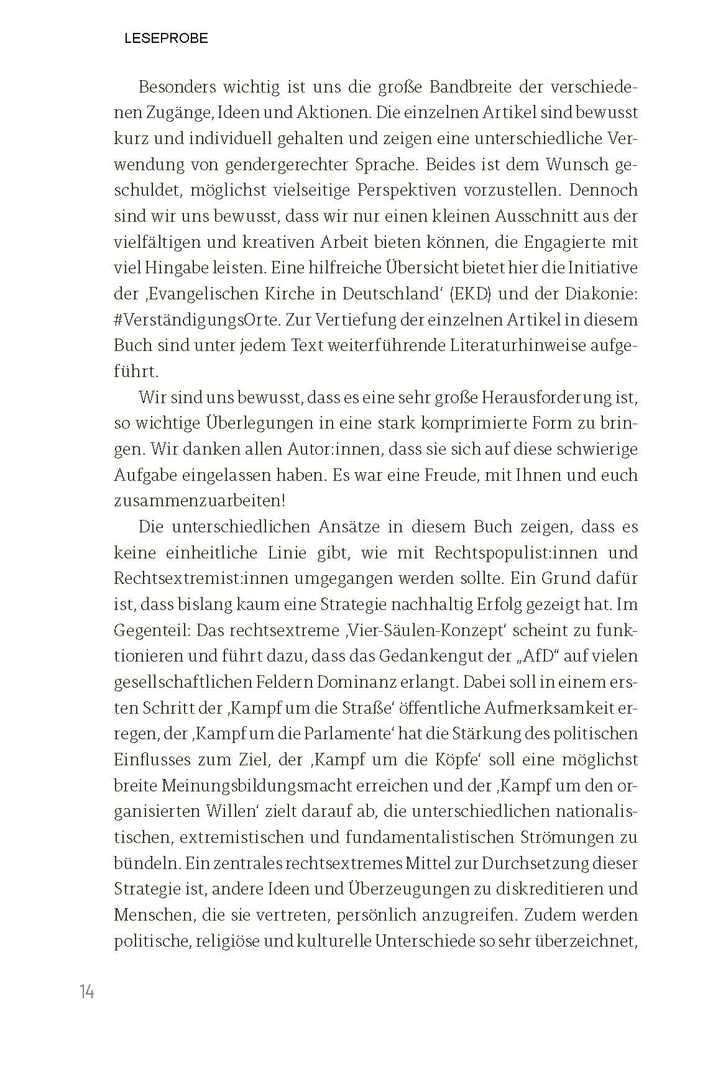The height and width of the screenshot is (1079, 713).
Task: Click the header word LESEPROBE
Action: tap(166, 39)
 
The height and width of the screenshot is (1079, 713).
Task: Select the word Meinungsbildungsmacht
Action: tap(255, 785)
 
